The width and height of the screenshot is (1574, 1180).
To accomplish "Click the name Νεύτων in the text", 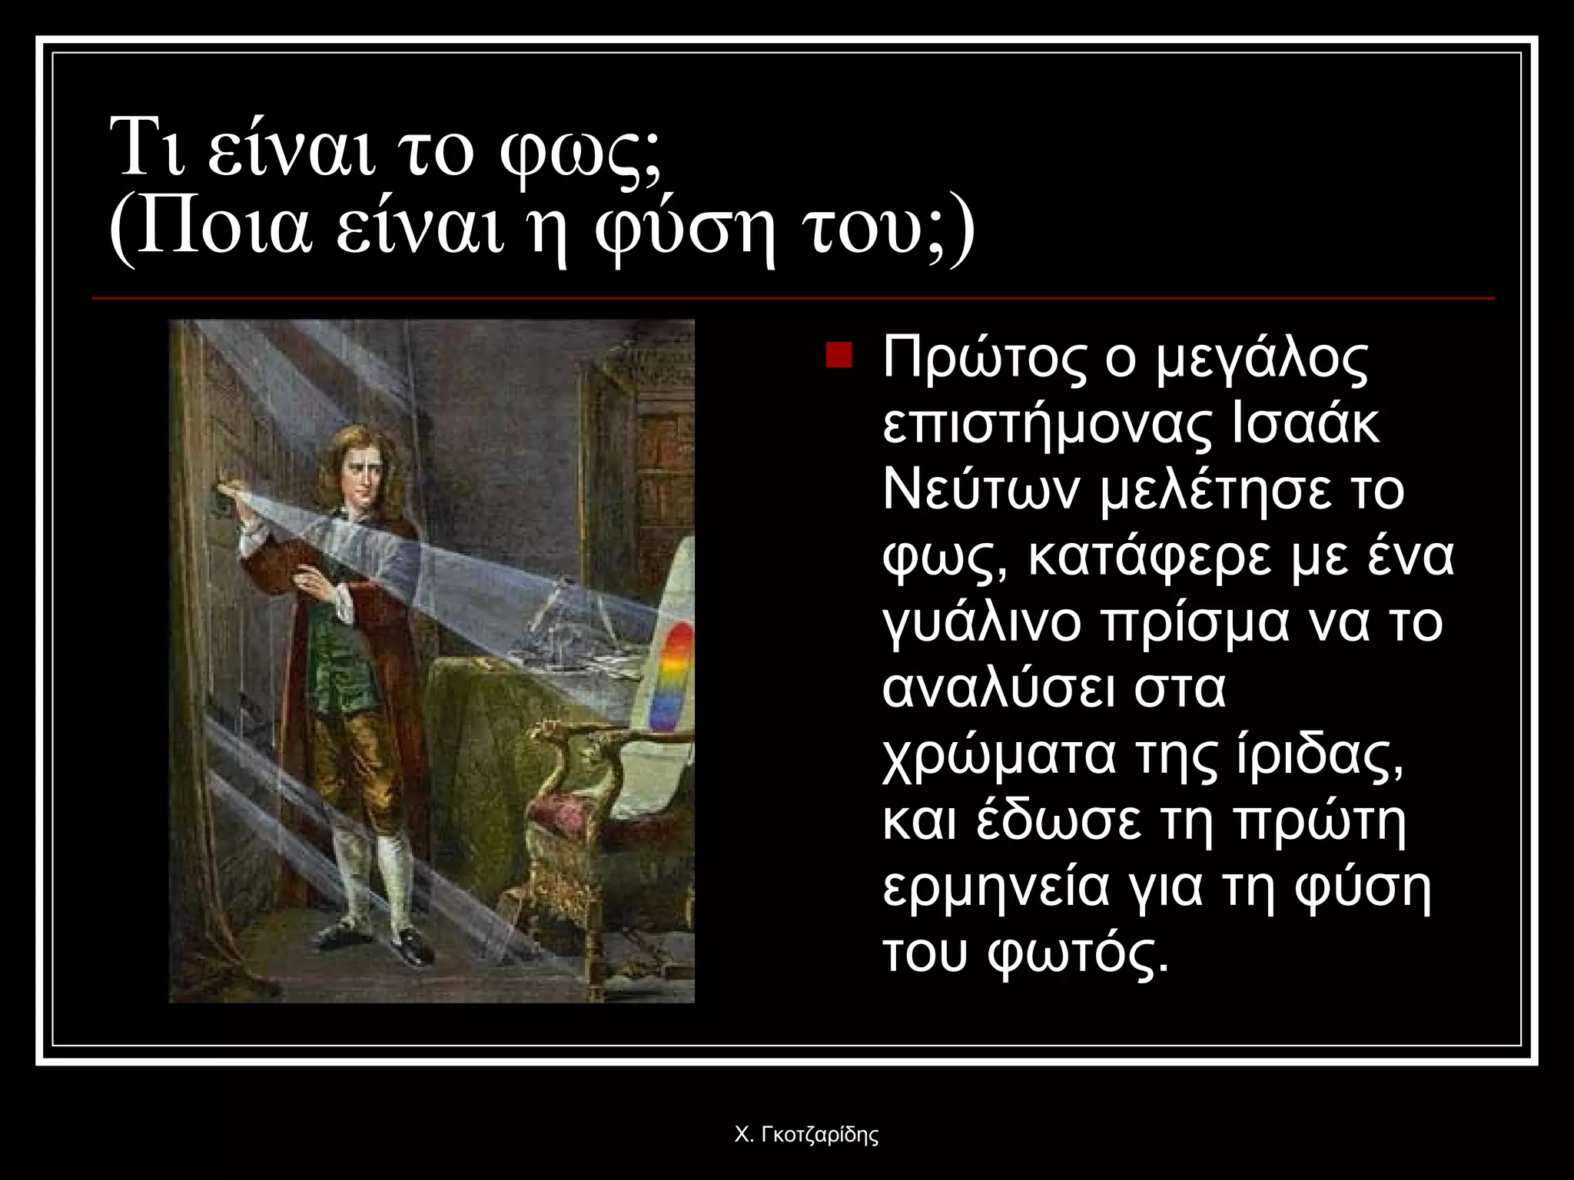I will (985, 489).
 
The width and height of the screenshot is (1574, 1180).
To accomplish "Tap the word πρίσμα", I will (1196, 621).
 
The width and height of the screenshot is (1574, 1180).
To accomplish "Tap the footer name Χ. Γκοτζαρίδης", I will (806, 1135).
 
